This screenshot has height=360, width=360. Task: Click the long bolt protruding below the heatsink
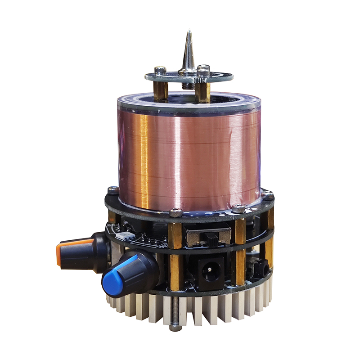pyautogui.click(x=175, y=315)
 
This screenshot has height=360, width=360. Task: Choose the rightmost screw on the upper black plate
pyautogui.click(x=268, y=195)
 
